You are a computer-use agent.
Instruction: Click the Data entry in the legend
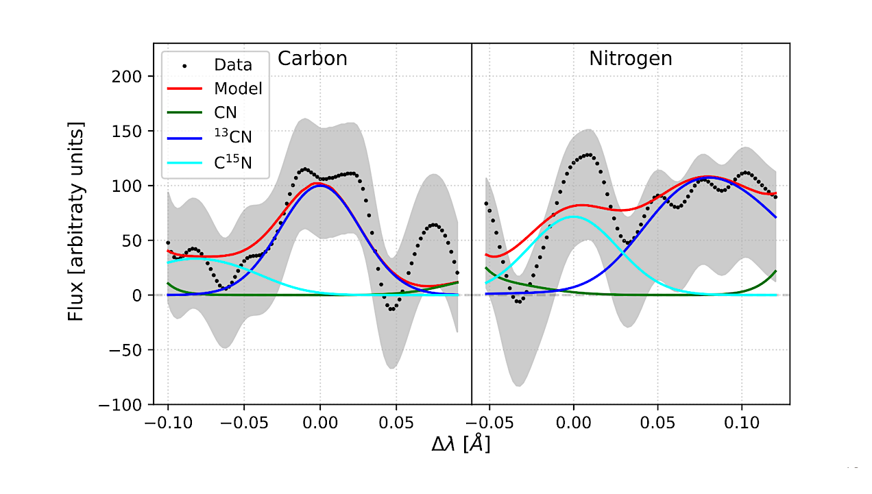[232, 65]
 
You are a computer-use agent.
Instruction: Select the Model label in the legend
[238, 88]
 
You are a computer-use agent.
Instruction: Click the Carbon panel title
[312, 59]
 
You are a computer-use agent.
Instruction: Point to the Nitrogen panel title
[630, 59]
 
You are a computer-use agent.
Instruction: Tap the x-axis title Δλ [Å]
[460, 445]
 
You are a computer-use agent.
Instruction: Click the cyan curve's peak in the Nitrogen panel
[572, 217]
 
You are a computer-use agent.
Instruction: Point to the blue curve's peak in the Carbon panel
[319, 186]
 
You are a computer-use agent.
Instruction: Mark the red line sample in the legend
[184, 88]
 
